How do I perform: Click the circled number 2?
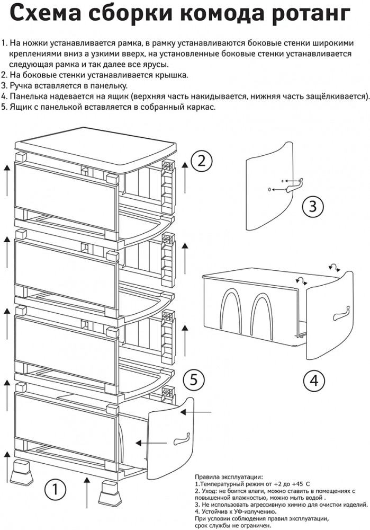click(201, 161)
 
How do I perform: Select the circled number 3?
click(313, 205)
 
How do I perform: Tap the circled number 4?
click(315, 381)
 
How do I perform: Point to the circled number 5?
click(193, 379)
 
